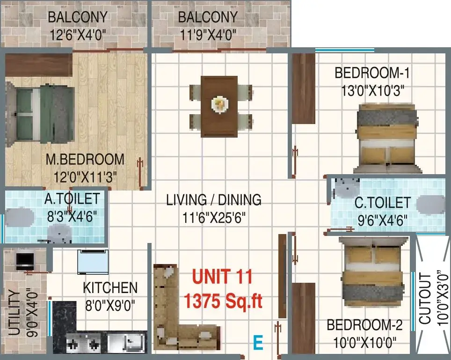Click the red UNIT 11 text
[x=222, y=277]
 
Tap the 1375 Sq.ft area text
[x=223, y=301]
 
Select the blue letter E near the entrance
[x=258, y=343]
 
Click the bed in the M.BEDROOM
[x=40, y=114]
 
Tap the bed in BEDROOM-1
[x=387, y=138]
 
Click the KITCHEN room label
[x=110, y=288]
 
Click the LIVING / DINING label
[x=214, y=200]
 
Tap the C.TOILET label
[x=382, y=203]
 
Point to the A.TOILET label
[x=72, y=199]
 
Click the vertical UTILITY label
[x=14, y=313]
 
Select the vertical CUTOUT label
[x=425, y=299]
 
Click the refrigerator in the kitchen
[x=93, y=262]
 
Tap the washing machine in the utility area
[x=25, y=261]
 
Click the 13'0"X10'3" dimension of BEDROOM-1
[x=373, y=91]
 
